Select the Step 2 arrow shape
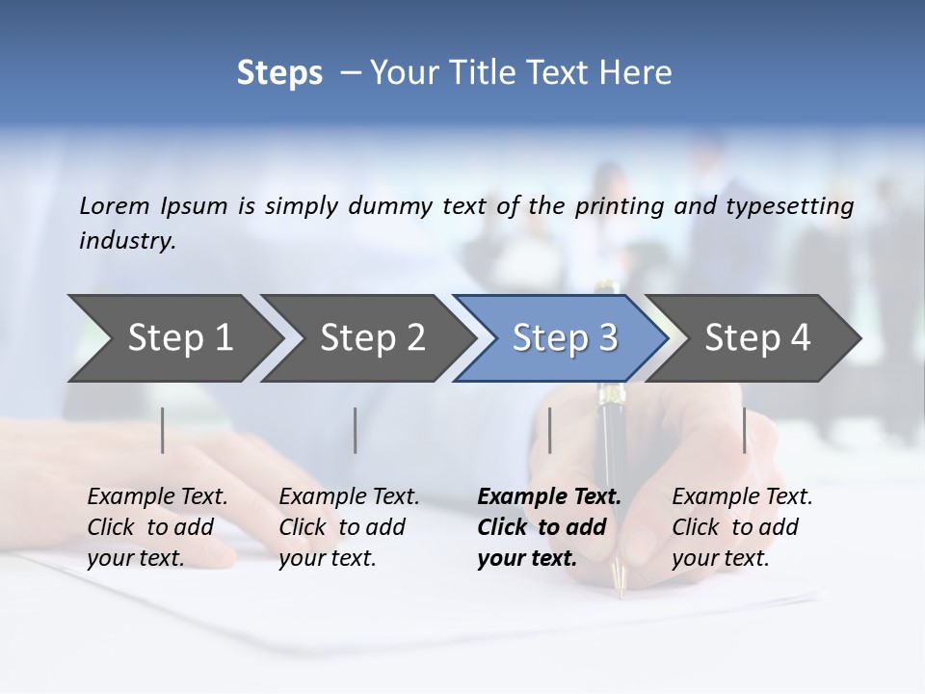366,338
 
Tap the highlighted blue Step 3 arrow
559,338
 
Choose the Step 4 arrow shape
753,338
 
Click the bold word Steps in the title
279,73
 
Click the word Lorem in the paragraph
115,206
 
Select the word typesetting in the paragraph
789,206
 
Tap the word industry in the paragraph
126,241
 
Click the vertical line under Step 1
163,430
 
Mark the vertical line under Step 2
356,430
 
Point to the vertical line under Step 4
745,430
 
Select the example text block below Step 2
347,527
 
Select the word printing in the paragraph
620,206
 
